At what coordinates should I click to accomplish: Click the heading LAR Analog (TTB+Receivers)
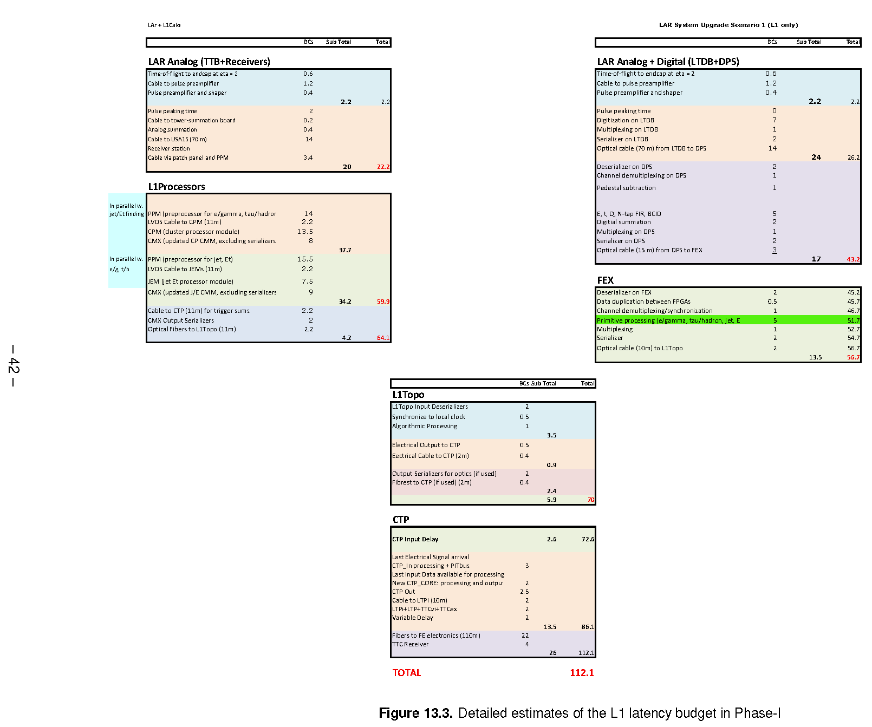pos(209,62)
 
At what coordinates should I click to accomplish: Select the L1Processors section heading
pos(177,187)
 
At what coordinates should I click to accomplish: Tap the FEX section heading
pos(605,280)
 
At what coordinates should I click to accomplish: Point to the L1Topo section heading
pos(408,395)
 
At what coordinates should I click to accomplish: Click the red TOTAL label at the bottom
pos(407,673)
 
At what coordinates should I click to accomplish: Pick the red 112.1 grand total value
pos(582,673)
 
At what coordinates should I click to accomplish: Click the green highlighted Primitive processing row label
pos(668,320)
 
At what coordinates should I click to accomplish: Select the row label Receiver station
pos(169,148)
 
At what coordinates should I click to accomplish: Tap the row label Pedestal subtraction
pos(626,188)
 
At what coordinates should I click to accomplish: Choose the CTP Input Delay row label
pos(415,539)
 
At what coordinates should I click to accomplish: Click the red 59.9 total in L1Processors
pos(383,302)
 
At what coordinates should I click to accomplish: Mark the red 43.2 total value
pos(853,259)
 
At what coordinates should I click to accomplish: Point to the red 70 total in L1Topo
pos(591,500)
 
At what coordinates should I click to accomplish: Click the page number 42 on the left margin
pos(14,365)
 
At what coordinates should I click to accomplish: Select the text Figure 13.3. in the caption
pos(415,713)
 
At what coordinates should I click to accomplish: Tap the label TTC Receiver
pos(410,644)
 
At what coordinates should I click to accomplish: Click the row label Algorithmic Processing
pos(425,426)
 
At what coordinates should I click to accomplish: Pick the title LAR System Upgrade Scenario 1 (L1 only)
pos(728,25)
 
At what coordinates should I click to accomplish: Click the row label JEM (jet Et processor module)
pos(191,281)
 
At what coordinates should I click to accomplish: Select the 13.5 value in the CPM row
pos(305,232)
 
